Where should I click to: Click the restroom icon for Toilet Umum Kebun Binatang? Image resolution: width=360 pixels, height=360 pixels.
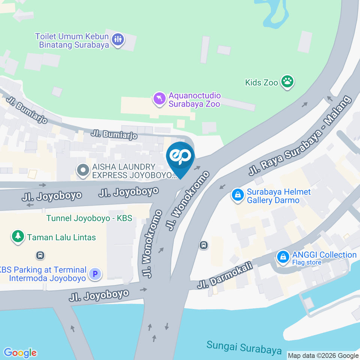click(x=118, y=39)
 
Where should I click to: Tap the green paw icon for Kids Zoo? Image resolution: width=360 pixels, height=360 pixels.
click(x=288, y=81)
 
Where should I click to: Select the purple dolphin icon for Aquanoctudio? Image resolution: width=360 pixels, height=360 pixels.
click(x=159, y=99)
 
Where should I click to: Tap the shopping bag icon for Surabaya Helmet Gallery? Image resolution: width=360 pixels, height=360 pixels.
click(x=237, y=194)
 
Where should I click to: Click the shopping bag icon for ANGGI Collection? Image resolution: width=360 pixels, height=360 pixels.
click(x=282, y=257)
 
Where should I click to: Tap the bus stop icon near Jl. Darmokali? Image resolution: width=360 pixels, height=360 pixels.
click(x=204, y=245)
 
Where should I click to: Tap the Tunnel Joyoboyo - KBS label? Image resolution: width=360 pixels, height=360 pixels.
click(x=89, y=218)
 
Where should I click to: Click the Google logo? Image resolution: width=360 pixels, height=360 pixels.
click(x=20, y=352)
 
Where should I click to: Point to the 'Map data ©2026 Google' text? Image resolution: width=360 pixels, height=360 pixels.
click(x=323, y=355)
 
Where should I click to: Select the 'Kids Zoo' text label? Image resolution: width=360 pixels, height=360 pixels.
click(x=261, y=82)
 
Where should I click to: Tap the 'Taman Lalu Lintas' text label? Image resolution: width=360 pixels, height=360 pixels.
click(x=61, y=237)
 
